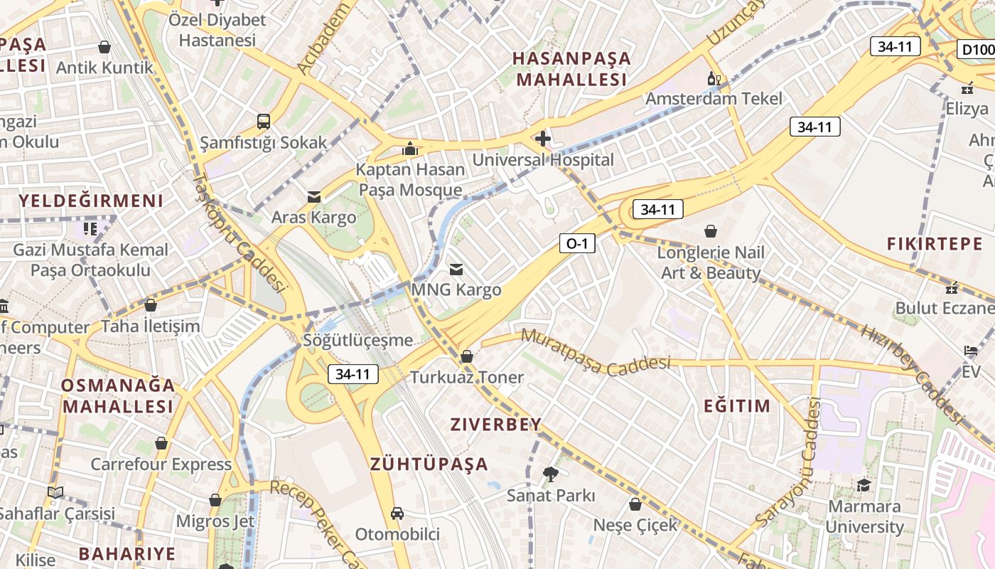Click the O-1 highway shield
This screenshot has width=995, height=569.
pyautogui.click(x=576, y=244)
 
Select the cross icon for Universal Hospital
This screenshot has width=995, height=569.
pyautogui.click(x=543, y=138)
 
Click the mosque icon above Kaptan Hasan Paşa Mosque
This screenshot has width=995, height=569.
pyautogui.click(x=410, y=149)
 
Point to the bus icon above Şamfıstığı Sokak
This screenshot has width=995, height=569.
pyautogui.click(x=264, y=121)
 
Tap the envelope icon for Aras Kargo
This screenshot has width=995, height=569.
pyautogui.click(x=313, y=196)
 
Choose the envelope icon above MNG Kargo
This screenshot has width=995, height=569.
pyautogui.click(x=456, y=269)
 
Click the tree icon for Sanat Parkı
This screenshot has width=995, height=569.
pyautogui.click(x=550, y=474)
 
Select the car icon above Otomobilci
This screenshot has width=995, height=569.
pyautogui.click(x=397, y=513)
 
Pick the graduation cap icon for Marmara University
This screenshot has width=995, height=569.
pyautogui.click(x=864, y=485)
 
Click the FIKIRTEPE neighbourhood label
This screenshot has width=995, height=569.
pyautogui.click(x=935, y=244)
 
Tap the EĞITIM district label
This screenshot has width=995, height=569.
pyautogui.click(x=736, y=406)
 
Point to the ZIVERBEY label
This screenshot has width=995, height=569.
pyautogui.click(x=496, y=425)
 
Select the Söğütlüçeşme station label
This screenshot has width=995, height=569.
pyautogui.click(x=357, y=340)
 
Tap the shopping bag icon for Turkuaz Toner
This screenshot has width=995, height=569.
pyautogui.click(x=467, y=356)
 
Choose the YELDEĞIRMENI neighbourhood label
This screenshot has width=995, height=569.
pyautogui.click(x=91, y=201)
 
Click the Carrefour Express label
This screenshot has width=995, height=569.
pyautogui.click(x=161, y=464)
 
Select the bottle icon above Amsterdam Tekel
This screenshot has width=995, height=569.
pyautogui.click(x=714, y=78)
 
